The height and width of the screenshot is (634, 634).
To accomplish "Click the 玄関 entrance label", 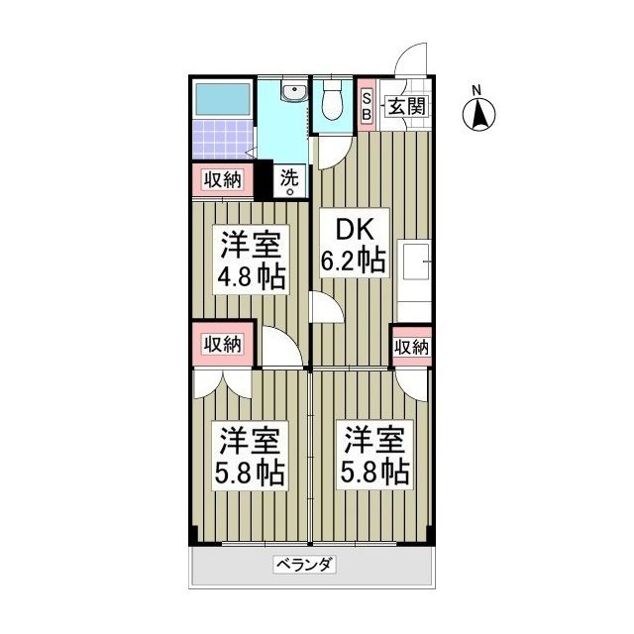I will (x=405, y=106).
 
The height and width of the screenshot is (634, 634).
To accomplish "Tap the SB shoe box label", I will (x=367, y=106).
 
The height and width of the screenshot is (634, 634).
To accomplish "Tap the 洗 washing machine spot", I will (x=289, y=181).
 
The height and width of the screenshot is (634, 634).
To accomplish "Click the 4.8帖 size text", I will (x=252, y=275).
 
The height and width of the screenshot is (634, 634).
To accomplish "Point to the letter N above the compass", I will (x=477, y=91).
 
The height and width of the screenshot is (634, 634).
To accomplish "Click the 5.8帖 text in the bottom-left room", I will (x=252, y=472).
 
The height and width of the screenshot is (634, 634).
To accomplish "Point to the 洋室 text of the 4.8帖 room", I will (x=252, y=243).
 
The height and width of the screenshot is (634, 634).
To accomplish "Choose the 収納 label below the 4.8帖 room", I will (x=223, y=344).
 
